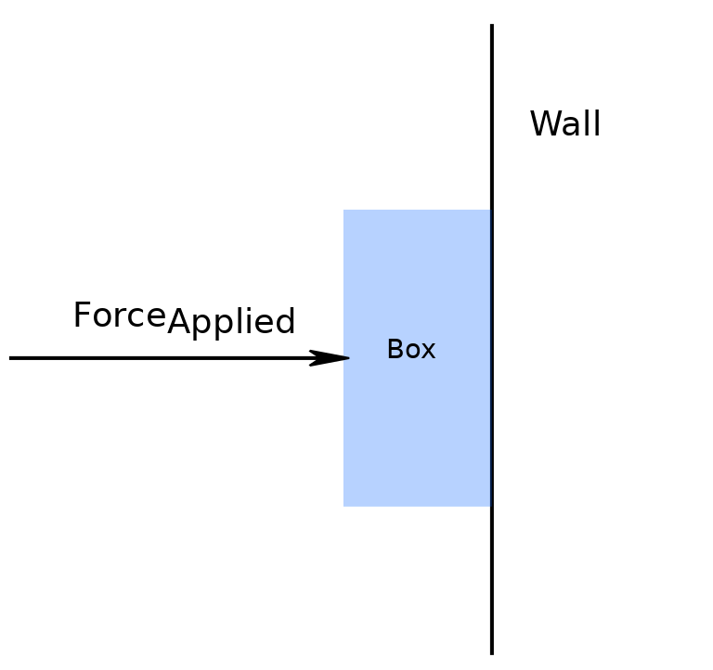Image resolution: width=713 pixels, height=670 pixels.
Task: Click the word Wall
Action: tap(564, 124)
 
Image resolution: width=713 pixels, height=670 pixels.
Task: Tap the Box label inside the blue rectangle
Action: tap(410, 350)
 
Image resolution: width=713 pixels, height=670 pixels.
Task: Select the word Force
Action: tap(119, 316)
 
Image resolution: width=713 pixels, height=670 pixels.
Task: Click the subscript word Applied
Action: tap(231, 323)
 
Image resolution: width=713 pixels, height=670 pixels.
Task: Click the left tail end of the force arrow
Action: tap(11, 357)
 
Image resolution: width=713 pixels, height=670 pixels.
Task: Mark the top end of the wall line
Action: tap(491, 26)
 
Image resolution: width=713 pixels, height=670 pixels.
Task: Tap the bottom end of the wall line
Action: tap(491, 652)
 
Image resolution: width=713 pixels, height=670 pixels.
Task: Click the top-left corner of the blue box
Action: tap(344, 211)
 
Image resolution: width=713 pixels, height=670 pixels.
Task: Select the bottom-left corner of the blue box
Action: tap(344, 505)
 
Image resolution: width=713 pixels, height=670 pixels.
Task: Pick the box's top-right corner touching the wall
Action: tap(489, 211)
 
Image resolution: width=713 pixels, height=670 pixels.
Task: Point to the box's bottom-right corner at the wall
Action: tap(489, 505)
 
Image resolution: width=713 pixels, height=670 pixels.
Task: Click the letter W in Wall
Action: tap(544, 124)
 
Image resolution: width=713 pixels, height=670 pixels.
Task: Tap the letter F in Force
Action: tap(82, 316)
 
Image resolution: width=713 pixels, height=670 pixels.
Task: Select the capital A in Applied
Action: tap(178, 322)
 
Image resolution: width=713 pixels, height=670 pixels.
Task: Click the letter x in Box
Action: tap(429, 352)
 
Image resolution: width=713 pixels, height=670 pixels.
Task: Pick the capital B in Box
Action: tap(395, 350)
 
